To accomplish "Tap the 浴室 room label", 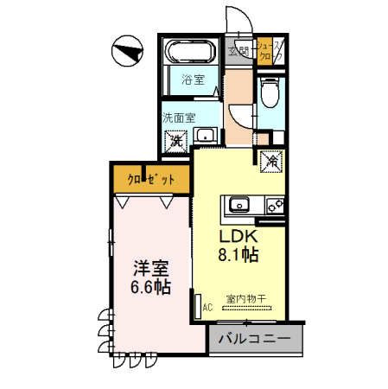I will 193,81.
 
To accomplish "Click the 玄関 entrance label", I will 239,51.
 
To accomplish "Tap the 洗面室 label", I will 178,116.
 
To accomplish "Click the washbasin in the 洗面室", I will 207,135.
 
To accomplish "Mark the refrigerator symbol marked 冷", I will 270,159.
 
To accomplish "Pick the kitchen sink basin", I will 239,206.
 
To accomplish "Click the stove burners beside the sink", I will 274,206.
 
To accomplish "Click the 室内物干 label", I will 246,299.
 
